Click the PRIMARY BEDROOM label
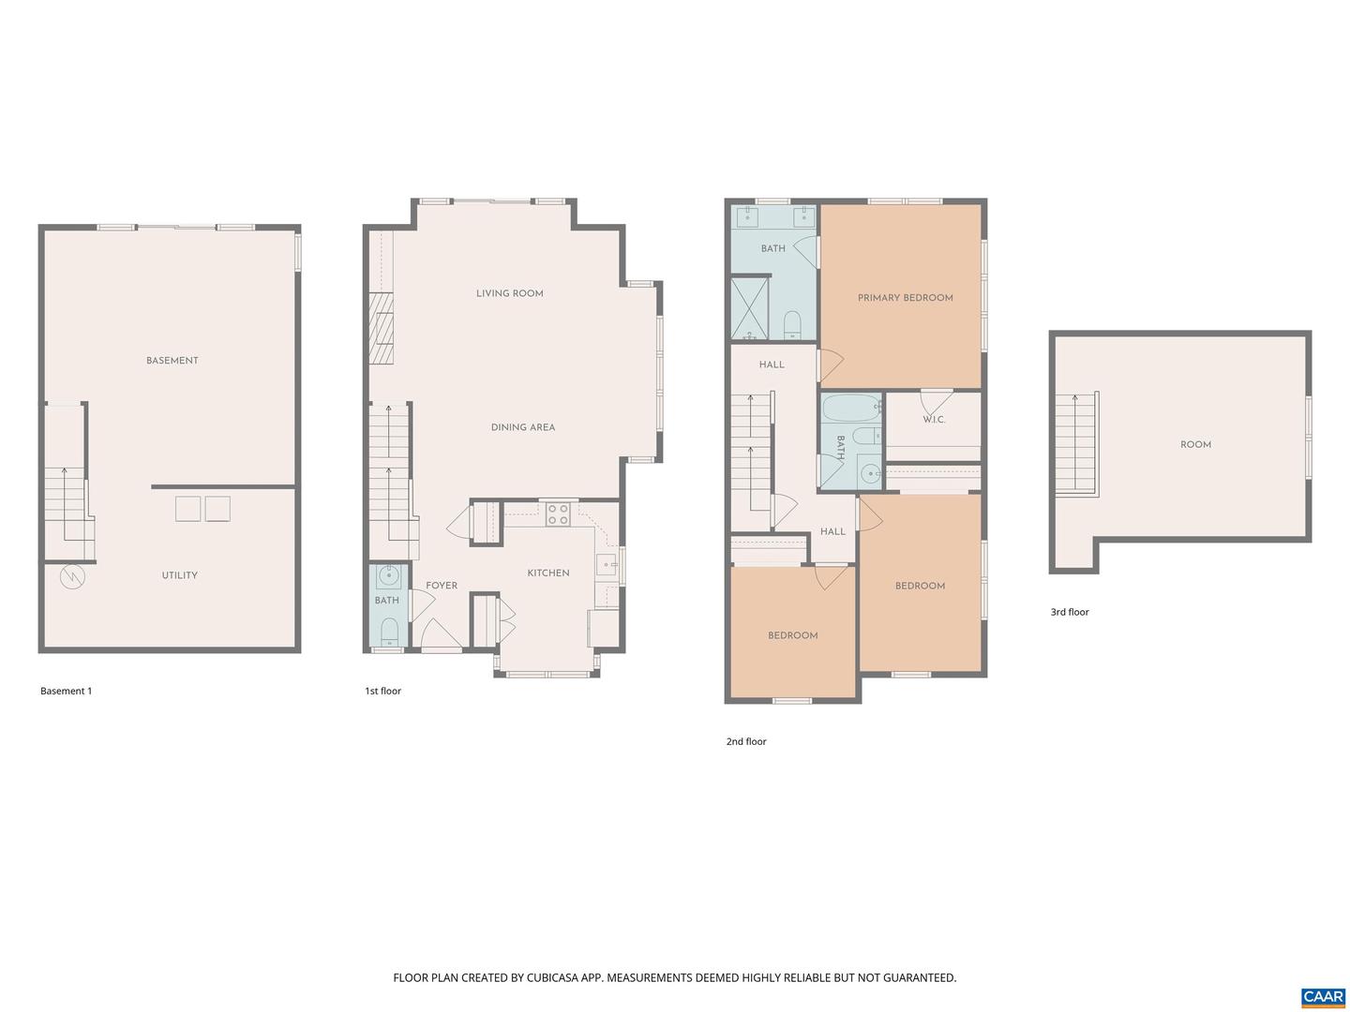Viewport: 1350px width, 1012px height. coord(905,298)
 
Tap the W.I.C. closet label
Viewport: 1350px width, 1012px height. coord(934,420)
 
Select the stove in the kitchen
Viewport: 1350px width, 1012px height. coord(558,513)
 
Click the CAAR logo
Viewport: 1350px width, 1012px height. coord(1323,997)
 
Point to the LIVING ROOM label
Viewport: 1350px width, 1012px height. coord(509,293)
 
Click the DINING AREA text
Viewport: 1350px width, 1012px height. coord(522,427)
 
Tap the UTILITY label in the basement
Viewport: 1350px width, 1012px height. coord(179,575)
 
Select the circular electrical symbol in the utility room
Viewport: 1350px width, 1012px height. coord(72,576)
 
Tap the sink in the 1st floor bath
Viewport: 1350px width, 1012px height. coord(388,576)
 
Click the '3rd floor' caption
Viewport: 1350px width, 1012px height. coord(1070,612)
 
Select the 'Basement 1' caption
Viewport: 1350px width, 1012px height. coord(66,692)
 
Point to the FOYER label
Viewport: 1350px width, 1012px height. coord(442,586)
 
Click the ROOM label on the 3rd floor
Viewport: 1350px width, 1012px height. coord(1195,445)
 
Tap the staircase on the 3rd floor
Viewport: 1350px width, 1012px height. coord(1076,443)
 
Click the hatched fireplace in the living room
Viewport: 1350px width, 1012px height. coord(380,328)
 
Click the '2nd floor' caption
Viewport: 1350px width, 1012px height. coord(746,741)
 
